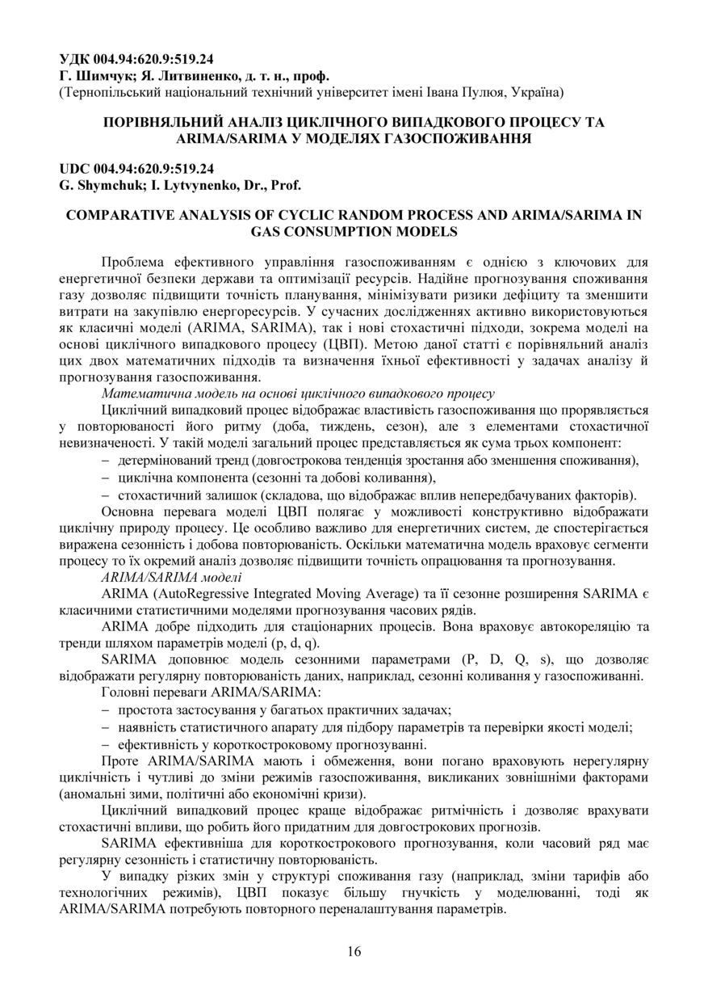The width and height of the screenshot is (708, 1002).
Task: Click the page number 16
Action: tap(354, 950)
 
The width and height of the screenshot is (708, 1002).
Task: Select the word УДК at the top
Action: tap(76, 59)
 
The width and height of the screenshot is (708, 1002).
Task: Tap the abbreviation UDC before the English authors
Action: tap(77, 169)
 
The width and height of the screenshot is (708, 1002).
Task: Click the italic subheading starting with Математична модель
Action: tap(297, 394)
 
